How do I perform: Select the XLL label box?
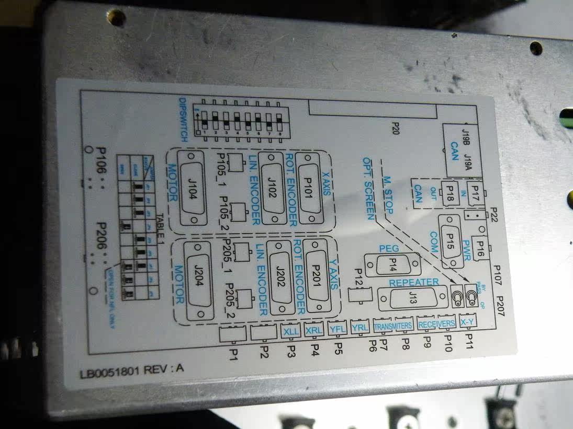[x=290, y=330]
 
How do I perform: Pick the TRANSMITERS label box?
[x=393, y=326]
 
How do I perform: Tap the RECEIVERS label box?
[x=437, y=323]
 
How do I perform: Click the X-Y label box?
[x=467, y=322]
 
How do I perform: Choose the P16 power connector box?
[x=479, y=250]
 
